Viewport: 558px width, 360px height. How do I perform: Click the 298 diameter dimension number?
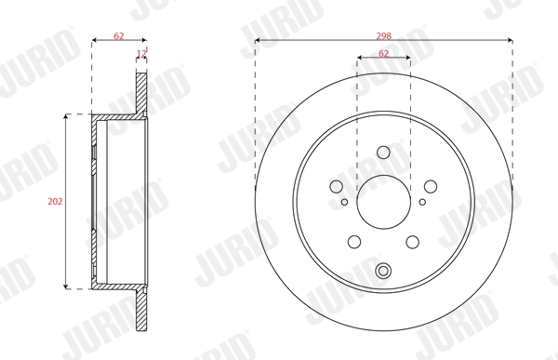[x=383, y=33]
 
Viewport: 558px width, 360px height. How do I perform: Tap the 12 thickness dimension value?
[x=140, y=55]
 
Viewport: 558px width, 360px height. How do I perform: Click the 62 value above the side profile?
[x=118, y=34]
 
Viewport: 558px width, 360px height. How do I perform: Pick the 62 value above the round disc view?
[x=383, y=54]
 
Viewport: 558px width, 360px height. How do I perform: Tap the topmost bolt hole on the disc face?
[x=383, y=153]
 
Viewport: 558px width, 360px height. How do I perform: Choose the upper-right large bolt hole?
[x=429, y=186]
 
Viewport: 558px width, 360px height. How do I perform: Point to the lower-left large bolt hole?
[x=354, y=242]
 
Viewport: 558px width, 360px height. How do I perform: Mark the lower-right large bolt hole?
[x=412, y=242]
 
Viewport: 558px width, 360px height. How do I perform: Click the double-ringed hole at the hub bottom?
[x=383, y=271]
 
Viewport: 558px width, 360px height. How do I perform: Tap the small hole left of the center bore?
[x=344, y=202]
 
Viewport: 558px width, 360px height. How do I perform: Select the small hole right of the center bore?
[x=422, y=202]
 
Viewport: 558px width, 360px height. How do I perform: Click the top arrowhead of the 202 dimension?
[x=66, y=118]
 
